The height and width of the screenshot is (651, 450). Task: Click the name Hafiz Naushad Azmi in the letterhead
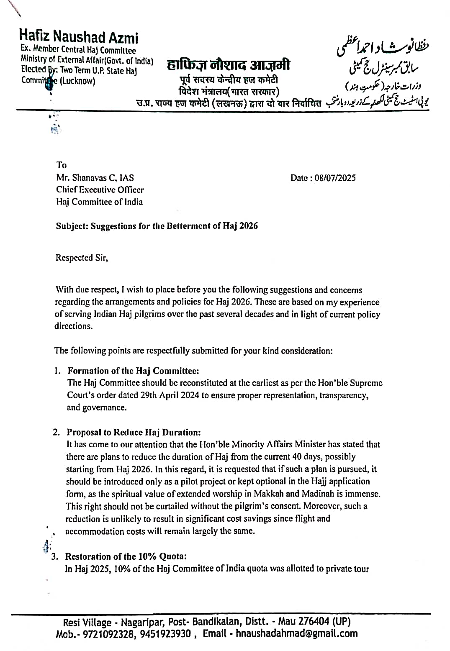79,37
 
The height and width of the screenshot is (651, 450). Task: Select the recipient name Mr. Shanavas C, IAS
95,177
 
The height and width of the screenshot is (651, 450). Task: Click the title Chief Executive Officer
100,190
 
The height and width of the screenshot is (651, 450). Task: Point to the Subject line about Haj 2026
157,226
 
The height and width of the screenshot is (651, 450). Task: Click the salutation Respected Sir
82,258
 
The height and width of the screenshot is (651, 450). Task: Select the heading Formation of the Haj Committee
133,371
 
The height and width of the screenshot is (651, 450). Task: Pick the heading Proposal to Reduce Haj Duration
134,432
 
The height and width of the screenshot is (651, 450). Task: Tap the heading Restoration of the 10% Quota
126,556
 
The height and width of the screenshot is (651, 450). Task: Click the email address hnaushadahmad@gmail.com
296,633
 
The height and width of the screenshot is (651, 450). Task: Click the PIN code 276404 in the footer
314,622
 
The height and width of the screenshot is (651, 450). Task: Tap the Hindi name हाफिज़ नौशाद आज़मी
228,65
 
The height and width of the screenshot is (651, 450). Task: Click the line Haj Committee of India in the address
99,202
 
